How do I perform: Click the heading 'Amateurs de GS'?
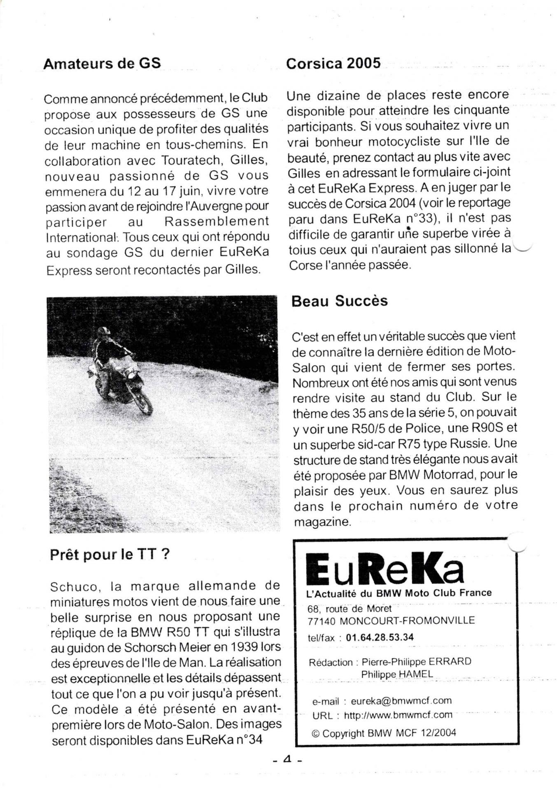(x=102, y=64)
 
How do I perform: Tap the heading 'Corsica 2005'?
(x=333, y=63)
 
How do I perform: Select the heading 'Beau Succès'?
(x=339, y=301)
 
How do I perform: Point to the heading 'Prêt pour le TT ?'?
(x=110, y=555)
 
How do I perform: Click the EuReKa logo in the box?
(x=385, y=569)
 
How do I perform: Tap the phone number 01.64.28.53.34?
(x=380, y=637)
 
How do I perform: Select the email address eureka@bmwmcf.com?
(x=401, y=701)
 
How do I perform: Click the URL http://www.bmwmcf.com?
(x=398, y=715)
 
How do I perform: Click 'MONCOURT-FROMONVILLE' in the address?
(x=408, y=620)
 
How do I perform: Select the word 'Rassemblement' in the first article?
(x=217, y=222)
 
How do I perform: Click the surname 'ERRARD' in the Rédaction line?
(x=450, y=662)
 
